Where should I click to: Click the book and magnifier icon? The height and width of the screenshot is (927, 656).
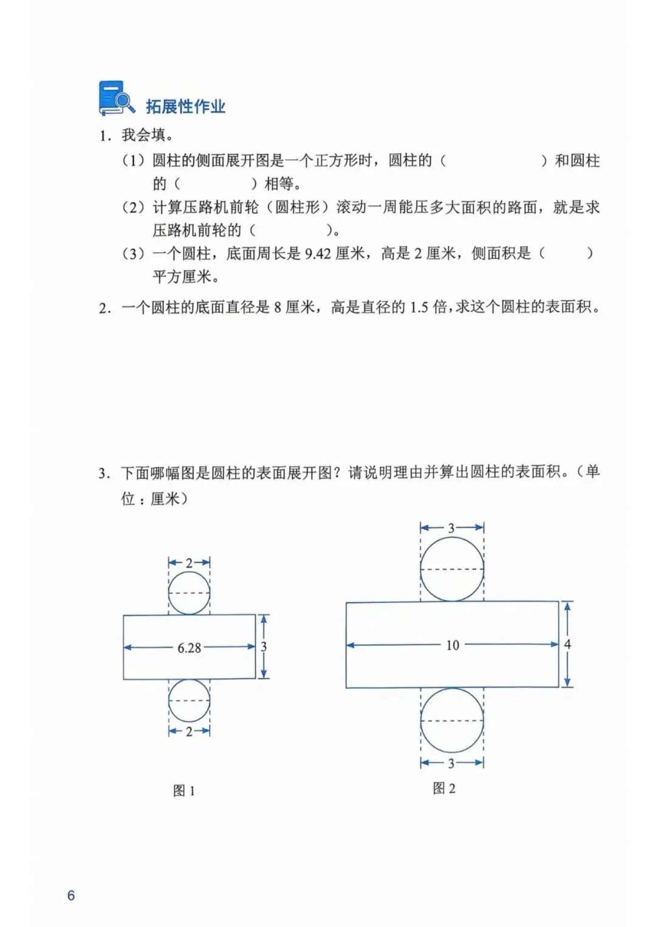tap(116, 98)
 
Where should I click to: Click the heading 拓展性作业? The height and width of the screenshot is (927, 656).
tap(185, 107)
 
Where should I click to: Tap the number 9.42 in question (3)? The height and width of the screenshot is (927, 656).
tap(317, 254)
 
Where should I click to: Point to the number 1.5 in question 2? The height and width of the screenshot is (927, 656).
tap(419, 307)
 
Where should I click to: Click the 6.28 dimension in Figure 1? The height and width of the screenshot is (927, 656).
tap(189, 648)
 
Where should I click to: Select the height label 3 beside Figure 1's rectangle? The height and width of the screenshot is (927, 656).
tap(264, 647)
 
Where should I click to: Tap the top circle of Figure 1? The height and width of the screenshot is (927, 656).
tap(189, 593)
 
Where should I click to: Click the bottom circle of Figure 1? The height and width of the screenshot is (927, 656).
tap(189, 700)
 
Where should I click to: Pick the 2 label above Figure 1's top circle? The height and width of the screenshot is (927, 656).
tap(189, 563)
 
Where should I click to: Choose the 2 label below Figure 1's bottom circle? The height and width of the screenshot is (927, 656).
tap(189, 731)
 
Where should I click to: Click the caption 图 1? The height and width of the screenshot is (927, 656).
tap(184, 790)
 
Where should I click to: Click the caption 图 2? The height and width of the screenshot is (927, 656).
tap(444, 788)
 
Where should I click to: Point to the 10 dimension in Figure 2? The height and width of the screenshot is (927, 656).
tap(453, 645)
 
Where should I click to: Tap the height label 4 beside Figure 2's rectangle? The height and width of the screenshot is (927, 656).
tap(567, 644)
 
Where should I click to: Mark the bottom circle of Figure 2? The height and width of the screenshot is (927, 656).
tap(452, 720)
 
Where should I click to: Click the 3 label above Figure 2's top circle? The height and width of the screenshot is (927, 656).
tap(451, 528)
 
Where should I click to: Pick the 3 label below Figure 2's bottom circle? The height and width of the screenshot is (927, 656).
tap(451, 763)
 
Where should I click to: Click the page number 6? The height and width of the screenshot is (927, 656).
tap(71, 895)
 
